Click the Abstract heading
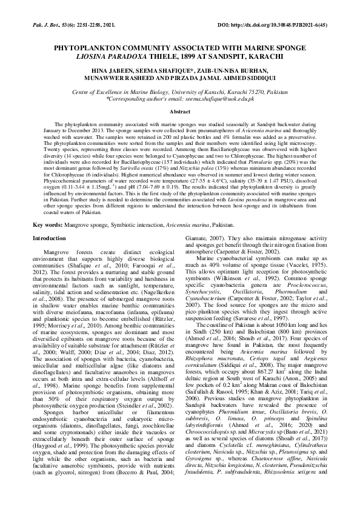179,112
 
